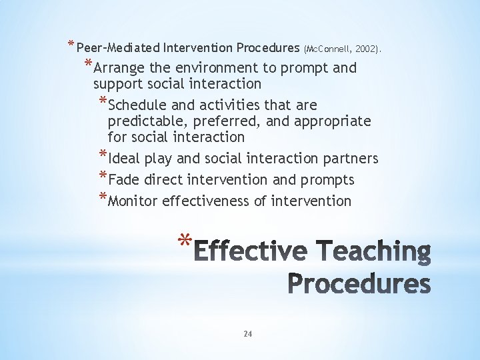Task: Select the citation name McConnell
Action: coord(329,49)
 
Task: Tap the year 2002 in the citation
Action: coord(367,49)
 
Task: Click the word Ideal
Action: coord(123,159)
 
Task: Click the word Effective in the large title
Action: coord(253,252)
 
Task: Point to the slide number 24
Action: coord(247,333)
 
